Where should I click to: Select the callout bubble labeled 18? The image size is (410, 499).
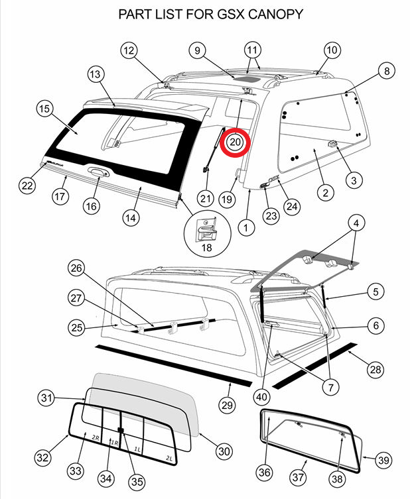[x=207, y=247]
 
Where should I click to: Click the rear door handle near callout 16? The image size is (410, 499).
[x=97, y=173]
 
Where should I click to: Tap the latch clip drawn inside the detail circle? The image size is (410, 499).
[x=208, y=229]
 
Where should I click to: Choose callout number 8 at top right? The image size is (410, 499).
[x=387, y=70]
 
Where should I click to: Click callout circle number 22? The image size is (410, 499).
[x=27, y=186]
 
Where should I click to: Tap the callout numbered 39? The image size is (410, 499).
[x=382, y=459]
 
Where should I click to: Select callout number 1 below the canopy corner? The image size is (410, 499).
[x=246, y=227]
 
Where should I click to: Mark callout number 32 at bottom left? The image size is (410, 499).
[x=43, y=457]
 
